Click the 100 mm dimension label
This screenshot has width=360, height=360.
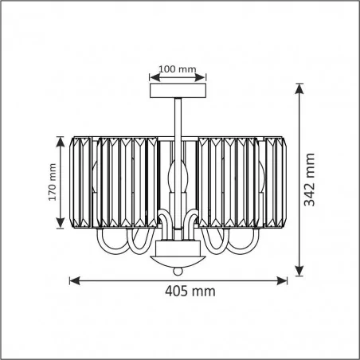click(x=178, y=69)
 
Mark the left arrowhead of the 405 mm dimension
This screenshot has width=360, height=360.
click(x=74, y=280)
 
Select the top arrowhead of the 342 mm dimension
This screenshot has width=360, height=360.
click(x=299, y=88)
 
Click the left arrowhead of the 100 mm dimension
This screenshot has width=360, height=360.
click(x=153, y=77)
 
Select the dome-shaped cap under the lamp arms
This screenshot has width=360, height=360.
click(x=179, y=260)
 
